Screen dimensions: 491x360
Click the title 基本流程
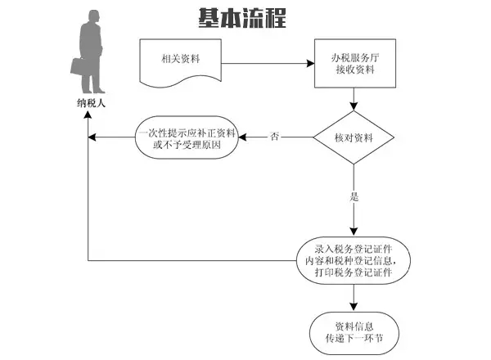tap(242, 18)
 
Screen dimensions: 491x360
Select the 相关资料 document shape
tap(180, 63)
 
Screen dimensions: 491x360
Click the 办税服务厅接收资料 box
tap(355, 63)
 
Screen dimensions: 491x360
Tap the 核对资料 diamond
tap(354, 137)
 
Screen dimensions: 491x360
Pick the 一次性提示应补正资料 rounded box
tap(187, 137)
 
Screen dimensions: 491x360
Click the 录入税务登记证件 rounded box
tap(354, 260)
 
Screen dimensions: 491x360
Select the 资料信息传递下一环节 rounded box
tap(354, 333)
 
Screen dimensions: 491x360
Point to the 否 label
tap(275, 137)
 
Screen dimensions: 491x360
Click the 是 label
tap(354, 196)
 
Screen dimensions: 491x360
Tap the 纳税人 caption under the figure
tap(91, 103)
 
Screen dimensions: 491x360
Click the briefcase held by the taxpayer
tap(78, 66)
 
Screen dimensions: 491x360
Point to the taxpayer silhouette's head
tap(93, 16)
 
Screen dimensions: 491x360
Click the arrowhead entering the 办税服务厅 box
tap(310, 64)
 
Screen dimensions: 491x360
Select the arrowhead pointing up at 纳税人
tap(88, 115)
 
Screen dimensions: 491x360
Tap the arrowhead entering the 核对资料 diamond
tap(354, 106)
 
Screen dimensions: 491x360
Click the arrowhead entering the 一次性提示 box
tap(243, 137)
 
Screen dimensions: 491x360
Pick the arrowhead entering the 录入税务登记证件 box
tap(354, 232)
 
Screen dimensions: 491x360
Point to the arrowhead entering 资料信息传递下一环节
tap(354, 307)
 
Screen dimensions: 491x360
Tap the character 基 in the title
tap(209, 18)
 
